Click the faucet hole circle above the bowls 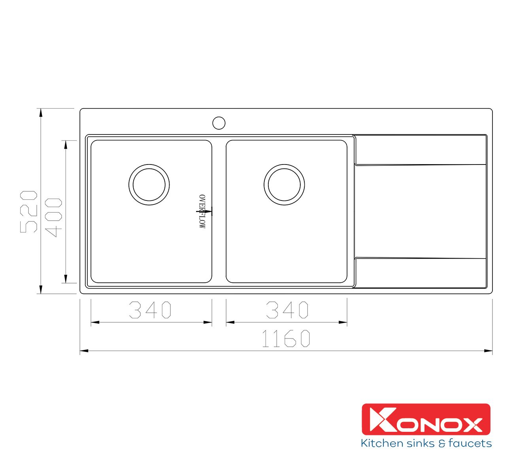click(219, 117)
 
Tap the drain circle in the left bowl click(149, 164)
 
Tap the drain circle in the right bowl click(284, 164)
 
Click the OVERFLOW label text click(202, 212)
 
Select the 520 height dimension click(28, 212)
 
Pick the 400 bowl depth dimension click(53, 217)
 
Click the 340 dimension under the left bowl click(150, 310)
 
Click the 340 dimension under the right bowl click(287, 310)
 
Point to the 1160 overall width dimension click(286, 338)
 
